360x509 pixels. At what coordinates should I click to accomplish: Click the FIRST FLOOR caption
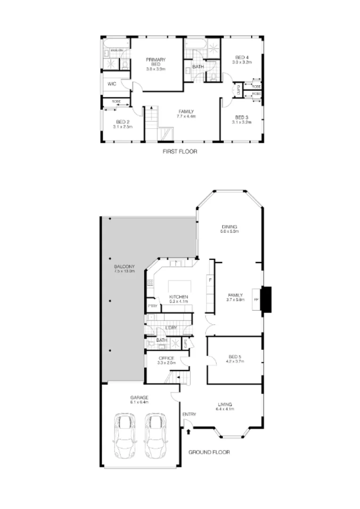tap(180, 152)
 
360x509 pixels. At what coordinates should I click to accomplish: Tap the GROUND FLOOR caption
tap(209, 452)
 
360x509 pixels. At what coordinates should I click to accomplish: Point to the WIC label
tap(112, 84)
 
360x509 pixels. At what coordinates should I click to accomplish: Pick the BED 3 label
tap(241, 117)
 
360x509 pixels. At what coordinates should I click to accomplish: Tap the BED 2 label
tap(122, 122)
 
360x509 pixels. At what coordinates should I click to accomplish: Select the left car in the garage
tap(124, 435)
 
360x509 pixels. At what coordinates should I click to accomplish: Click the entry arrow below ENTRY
tap(189, 431)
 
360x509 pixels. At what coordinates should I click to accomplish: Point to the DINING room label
tap(229, 227)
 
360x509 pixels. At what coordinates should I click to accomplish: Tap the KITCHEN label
tap(179, 297)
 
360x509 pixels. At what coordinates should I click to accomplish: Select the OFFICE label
tap(167, 359)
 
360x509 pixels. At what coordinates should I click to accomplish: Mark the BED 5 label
tap(234, 356)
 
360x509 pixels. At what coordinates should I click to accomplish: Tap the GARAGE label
tap(139, 398)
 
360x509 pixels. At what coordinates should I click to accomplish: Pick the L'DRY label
tap(171, 328)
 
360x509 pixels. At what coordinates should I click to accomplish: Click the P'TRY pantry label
tap(152, 306)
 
